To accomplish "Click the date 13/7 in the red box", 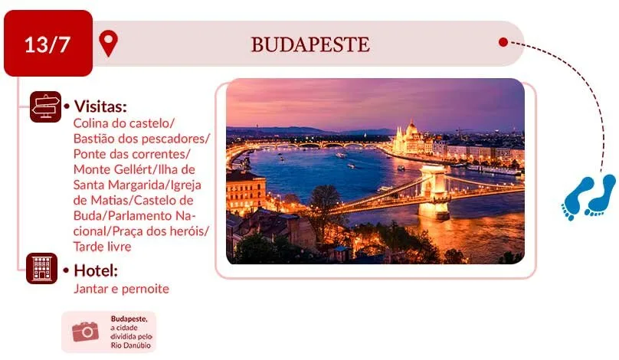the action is point(47,44).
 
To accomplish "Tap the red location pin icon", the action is point(108,43).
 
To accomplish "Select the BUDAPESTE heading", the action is point(310,44).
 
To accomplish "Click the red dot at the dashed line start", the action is point(503,42).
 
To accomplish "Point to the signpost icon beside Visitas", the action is point(46,106).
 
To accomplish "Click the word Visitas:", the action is point(100,106).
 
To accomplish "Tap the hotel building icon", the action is point(42,268).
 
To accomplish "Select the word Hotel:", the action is point(96,271).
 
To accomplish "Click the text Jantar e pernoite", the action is point(121,289).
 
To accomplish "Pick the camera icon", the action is point(85,332).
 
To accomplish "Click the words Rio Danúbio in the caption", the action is point(131,345).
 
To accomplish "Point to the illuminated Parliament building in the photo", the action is point(411,139).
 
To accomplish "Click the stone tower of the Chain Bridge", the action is point(434,192).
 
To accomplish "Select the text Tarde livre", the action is point(102,247).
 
